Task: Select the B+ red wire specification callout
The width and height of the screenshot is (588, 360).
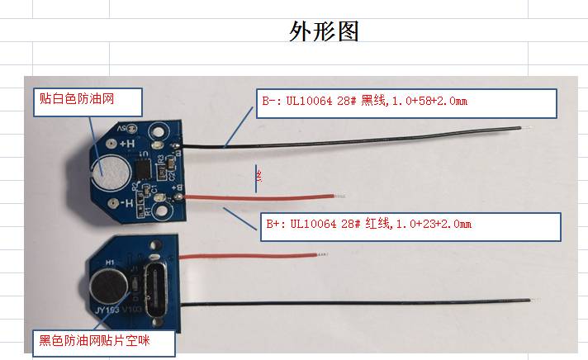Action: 410,225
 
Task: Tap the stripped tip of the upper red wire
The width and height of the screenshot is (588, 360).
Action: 339,196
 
